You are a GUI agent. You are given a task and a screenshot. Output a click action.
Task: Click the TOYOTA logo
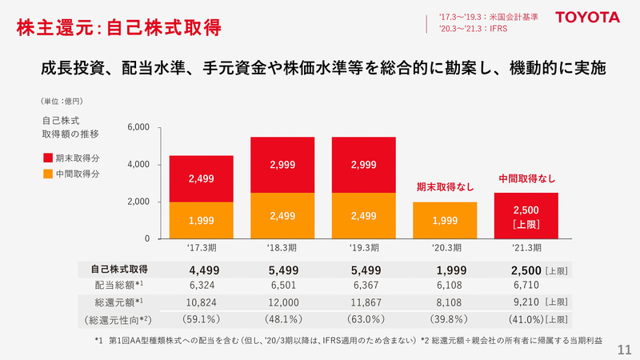588,17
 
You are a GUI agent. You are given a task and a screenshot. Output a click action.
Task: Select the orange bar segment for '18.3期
282,216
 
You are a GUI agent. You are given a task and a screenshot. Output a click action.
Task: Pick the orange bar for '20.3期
445,220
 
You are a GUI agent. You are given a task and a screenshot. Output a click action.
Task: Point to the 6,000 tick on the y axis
138,128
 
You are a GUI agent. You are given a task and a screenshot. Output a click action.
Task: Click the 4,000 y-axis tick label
138,165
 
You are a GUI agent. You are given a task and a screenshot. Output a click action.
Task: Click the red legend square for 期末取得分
47,158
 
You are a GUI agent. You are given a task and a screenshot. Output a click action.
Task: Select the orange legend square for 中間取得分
47,174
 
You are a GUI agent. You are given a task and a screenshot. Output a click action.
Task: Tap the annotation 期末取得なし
445,187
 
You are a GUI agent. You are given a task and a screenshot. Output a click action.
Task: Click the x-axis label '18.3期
282,248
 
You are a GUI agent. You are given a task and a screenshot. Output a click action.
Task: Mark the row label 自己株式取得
119,270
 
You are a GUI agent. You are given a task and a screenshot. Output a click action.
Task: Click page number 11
625,349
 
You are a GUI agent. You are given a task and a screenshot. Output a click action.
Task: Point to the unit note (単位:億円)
62,102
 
